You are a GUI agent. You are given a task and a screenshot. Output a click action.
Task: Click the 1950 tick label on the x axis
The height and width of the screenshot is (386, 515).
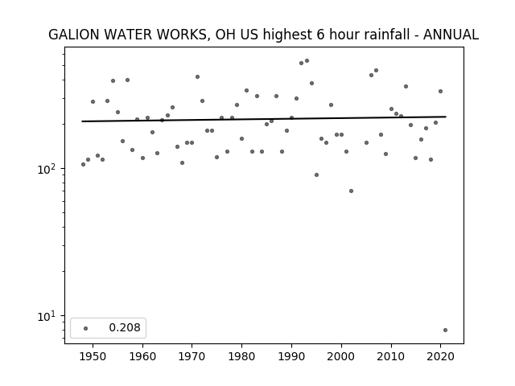[x=93, y=356]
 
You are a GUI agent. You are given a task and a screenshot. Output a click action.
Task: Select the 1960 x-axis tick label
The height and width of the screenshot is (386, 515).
[x=142, y=356]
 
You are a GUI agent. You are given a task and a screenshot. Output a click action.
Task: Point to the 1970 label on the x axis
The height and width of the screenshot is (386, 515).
[x=192, y=356]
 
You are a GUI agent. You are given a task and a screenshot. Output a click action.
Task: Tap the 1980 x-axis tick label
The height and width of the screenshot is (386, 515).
[x=241, y=356]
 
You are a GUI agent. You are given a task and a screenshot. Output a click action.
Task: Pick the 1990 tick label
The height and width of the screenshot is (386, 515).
[x=291, y=356]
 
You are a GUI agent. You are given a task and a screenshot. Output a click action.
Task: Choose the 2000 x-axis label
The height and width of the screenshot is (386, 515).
[x=341, y=356]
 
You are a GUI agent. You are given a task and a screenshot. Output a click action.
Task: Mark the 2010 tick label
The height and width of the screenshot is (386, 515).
[x=391, y=356]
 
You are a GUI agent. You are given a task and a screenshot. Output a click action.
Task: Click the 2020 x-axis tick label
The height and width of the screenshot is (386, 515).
[x=440, y=356]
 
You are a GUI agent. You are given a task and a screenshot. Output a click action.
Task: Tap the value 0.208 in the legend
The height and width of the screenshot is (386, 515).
[x=125, y=327]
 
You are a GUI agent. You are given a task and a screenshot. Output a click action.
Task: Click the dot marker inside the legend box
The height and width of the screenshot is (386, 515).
[x=86, y=328]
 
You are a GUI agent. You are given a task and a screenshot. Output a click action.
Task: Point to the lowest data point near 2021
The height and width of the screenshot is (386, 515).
[x=445, y=331]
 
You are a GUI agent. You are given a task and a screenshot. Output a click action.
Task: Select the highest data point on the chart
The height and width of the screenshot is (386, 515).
[x=307, y=61]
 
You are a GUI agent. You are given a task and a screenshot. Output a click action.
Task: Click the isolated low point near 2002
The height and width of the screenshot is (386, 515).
[x=351, y=191]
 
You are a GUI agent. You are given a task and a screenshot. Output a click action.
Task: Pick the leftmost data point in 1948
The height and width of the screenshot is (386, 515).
[x=83, y=164]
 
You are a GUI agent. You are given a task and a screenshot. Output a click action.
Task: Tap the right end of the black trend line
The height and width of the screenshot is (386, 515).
[x=446, y=117]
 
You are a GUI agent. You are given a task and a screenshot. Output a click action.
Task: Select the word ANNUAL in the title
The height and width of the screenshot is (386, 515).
[x=451, y=35]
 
